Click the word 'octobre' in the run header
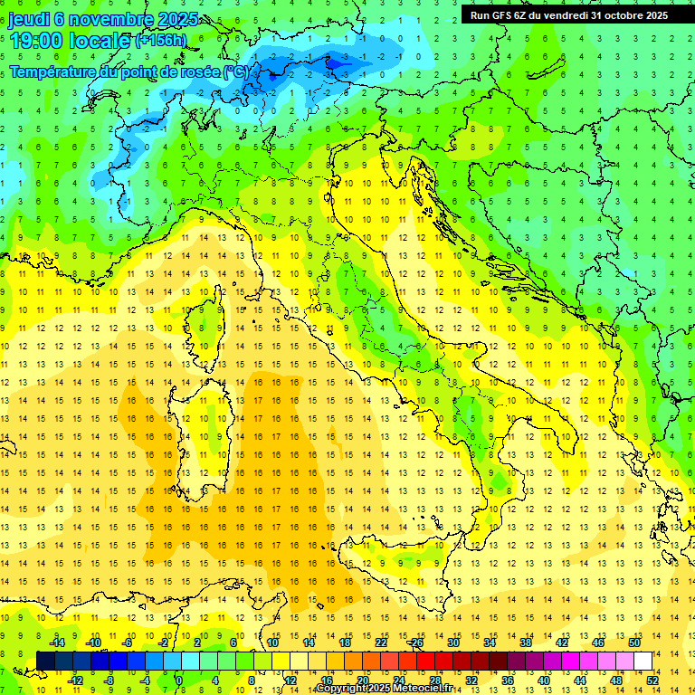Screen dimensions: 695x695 [614, 14]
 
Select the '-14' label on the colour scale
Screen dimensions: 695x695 [58, 643]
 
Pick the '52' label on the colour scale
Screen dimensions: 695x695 [652, 680]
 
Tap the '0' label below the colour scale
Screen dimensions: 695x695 [178, 680]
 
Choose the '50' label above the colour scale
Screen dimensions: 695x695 [633, 643]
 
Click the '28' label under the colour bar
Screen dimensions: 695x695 [434, 680]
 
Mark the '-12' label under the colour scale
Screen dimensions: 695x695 [76, 680]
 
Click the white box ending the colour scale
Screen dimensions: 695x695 [643, 661]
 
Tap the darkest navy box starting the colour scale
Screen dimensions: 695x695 [45, 661]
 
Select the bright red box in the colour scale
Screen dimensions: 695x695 [425, 661]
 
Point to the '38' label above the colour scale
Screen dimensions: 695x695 [525, 643]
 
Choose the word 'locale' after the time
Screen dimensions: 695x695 [100, 41]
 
